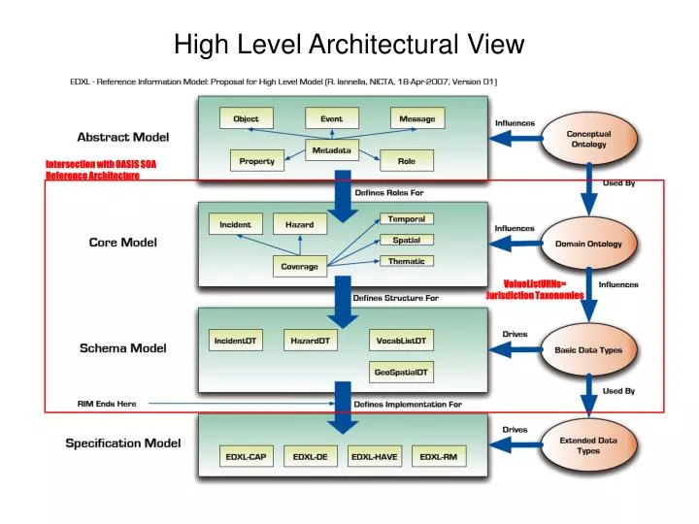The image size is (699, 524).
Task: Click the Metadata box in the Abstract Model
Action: [332, 150]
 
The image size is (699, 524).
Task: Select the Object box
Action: [246, 118]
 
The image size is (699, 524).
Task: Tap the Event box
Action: [331, 118]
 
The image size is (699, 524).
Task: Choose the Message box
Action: [417, 118]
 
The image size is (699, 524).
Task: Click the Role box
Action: [406, 161]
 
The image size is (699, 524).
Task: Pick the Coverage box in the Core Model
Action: [300, 266]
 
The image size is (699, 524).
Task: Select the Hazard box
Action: [299, 224]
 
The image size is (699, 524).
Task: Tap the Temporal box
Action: [406, 219]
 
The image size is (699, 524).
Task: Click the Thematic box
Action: [406, 261]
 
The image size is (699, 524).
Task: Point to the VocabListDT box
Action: [401, 341]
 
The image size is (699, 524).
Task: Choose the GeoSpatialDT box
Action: [401, 372]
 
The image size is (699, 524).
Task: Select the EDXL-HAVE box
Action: [375, 456]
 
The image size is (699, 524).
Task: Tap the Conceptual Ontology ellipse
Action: [588, 139]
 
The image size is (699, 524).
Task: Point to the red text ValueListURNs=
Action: [534, 283]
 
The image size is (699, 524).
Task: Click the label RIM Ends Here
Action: [107, 404]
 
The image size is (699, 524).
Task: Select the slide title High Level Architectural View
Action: [349, 44]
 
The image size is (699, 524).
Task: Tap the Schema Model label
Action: [122, 347]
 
